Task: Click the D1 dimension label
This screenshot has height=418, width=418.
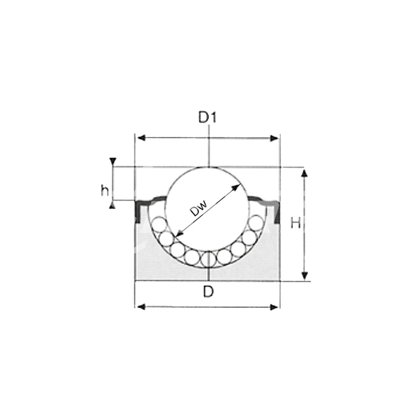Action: [208, 117]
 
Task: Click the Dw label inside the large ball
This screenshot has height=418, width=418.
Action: [199, 208]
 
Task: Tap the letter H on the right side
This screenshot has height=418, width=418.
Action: [295, 223]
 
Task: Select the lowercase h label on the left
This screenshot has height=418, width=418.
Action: [105, 190]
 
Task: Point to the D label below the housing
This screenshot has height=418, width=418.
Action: [208, 291]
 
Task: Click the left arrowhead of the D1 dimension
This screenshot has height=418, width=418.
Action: [141, 138]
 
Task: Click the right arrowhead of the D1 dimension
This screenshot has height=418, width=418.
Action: [274, 138]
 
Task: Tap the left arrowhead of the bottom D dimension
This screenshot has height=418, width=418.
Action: [141, 307]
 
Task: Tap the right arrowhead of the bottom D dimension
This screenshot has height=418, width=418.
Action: [274, 307]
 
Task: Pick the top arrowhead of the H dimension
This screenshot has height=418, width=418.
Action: [304, 173]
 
